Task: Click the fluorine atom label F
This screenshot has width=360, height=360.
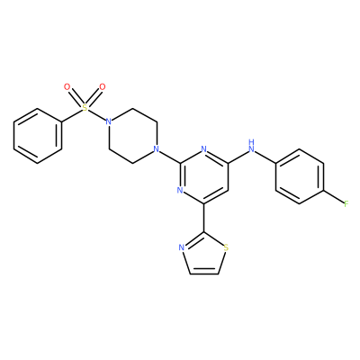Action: (346, 204)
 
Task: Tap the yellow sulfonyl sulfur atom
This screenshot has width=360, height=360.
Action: (85, 108)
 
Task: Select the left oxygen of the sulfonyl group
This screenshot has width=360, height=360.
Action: (67, 87)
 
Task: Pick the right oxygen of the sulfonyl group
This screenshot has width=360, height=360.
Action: (103, 87)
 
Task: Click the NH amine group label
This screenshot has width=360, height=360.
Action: (252, 146)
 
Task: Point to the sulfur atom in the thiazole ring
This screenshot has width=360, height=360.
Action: (226, 247)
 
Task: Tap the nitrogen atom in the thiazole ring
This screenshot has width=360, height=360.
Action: (181, 247)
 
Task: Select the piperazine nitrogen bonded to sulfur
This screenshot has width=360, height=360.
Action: (109, 121)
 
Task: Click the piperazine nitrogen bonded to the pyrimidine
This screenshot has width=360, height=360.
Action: (156, 148)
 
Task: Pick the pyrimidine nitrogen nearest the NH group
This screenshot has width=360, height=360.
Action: (204, 148)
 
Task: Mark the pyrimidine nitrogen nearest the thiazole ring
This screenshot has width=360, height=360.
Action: (180, 190)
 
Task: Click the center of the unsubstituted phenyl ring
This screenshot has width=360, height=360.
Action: (38, 136)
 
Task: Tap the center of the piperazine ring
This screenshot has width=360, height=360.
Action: (132, 135)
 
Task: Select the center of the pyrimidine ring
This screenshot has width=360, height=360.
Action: (204, 176)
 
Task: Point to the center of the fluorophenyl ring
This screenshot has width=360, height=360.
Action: (300, 176)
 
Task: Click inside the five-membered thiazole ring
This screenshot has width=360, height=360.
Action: (204, 256)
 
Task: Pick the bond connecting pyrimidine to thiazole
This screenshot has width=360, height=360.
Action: (204, 218)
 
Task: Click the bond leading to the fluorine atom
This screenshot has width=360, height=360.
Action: (334, 197)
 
